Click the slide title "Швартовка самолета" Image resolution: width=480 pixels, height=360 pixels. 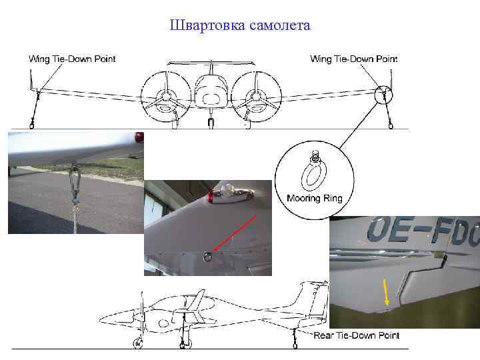click(240, 26)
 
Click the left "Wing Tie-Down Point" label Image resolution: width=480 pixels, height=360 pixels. click(72, 59)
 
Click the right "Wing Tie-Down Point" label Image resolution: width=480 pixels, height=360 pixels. click(353, 59)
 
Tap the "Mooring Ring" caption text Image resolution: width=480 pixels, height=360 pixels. click(314, 198)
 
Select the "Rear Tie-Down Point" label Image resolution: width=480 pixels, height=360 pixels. click(356, 335)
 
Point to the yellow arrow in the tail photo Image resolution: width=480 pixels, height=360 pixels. click(385, 294)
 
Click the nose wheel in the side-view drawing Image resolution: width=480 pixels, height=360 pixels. click(139, 343)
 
